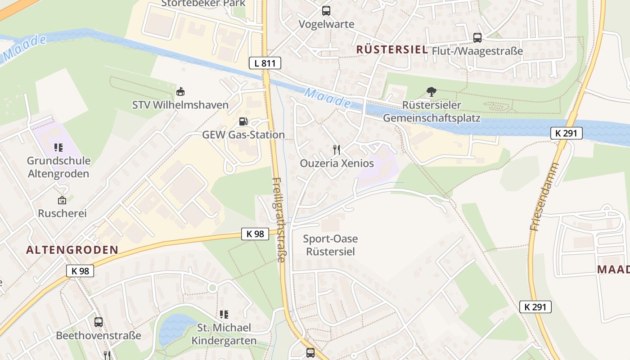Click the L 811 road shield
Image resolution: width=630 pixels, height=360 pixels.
(265, 63)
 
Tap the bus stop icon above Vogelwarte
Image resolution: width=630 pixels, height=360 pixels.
(326, 10)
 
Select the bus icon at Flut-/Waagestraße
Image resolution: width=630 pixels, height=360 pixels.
(477, 38)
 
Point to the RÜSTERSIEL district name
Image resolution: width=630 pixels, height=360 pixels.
(392, 49)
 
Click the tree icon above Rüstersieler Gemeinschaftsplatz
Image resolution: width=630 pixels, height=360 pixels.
(432, 92)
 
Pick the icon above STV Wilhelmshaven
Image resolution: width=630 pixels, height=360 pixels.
(180, 92)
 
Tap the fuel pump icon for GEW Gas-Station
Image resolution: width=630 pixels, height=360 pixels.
(243, 121)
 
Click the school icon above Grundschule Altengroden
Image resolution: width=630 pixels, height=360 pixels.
(58, 147)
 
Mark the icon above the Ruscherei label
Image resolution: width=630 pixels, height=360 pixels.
(62, 200)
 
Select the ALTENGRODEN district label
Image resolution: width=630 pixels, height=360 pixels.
(72, 250)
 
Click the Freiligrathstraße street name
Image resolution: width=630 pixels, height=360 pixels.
(279, 220)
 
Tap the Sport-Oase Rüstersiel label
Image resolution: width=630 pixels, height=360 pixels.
(330, 245)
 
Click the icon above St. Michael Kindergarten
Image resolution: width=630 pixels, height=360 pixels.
(224, 314)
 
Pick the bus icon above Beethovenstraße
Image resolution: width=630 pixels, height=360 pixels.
(99, 322)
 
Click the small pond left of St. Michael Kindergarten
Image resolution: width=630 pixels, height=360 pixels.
(175, 328)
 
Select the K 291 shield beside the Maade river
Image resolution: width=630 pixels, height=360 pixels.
(567, 133)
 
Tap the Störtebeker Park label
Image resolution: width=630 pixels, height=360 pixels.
(203, 3)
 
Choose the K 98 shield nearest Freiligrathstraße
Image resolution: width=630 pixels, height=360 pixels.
(255, 234)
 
